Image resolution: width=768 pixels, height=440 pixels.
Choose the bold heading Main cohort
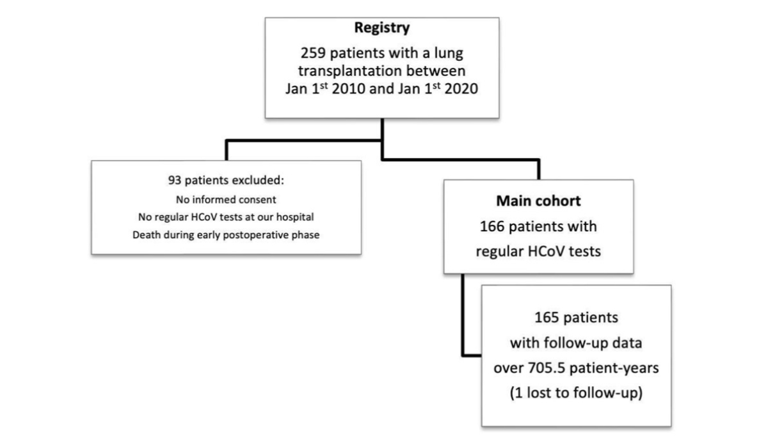tap(538, 201)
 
